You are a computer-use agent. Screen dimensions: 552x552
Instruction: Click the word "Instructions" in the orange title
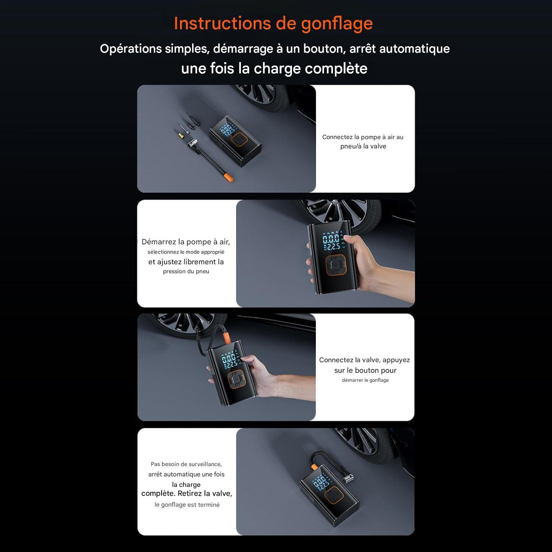222,23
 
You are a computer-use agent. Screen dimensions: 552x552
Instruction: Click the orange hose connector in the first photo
228,176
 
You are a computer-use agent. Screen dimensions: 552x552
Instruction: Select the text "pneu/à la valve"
363,146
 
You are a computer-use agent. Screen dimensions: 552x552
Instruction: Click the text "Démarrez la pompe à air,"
185,242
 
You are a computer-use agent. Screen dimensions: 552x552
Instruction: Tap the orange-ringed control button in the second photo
336,265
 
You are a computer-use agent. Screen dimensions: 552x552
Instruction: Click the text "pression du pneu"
186,272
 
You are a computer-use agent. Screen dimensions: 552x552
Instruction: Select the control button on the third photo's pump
237,379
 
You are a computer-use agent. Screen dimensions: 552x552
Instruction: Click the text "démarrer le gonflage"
365,380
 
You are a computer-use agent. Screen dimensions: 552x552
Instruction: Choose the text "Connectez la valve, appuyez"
364,360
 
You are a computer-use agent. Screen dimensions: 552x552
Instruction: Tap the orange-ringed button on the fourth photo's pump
334,495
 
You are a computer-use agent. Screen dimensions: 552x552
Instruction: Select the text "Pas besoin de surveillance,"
186,464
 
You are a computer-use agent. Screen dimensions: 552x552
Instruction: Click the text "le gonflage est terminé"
187,505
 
